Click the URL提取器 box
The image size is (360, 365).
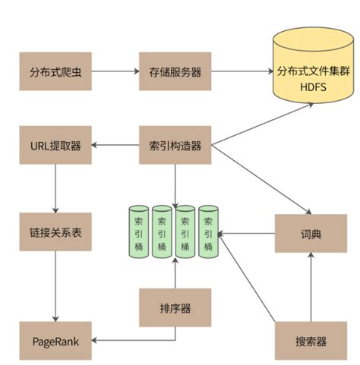55,145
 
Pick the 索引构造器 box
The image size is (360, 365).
174,145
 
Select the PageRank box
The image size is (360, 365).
55,341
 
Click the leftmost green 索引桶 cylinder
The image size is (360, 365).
139,233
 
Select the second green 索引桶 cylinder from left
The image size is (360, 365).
162,233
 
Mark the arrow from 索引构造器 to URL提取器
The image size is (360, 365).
115,145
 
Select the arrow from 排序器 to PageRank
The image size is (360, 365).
122,341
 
